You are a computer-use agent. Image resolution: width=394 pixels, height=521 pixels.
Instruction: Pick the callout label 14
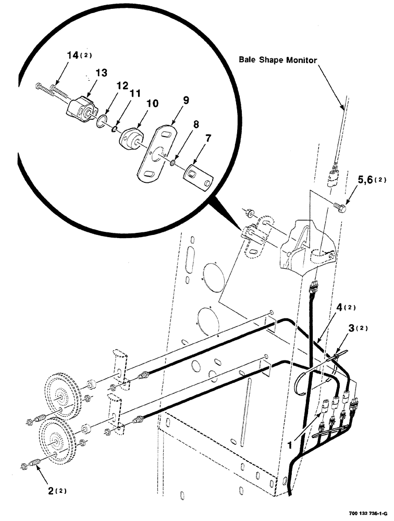pos(72,54)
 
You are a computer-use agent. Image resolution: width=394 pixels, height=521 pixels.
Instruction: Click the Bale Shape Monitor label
pos(278,60)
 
